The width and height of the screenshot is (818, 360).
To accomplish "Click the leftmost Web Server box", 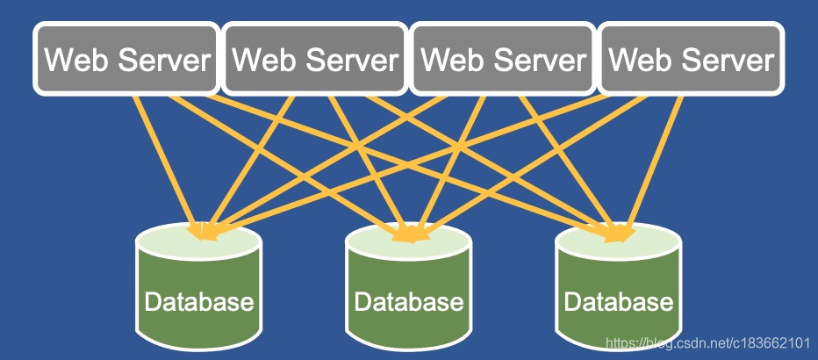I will (126, 60).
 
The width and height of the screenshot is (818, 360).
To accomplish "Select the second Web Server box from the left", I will (315, 60).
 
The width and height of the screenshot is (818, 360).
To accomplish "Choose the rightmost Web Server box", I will (691, 60).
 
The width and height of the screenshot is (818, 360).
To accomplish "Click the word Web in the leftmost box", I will (71, 61).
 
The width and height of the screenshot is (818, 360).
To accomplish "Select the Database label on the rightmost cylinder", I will (618, 303).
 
